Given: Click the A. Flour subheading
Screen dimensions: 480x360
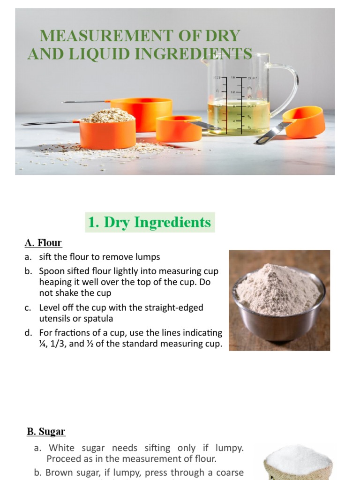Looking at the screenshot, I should click(43, 243).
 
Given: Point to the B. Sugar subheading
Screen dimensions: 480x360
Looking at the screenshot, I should click(45, 432).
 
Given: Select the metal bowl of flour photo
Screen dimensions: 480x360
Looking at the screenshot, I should click(279, 300).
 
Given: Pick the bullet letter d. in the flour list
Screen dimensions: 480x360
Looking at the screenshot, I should click(29, 333).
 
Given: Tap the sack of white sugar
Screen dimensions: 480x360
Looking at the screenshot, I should click(298, 464).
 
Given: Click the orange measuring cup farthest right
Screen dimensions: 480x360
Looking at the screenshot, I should click(305, 123).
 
